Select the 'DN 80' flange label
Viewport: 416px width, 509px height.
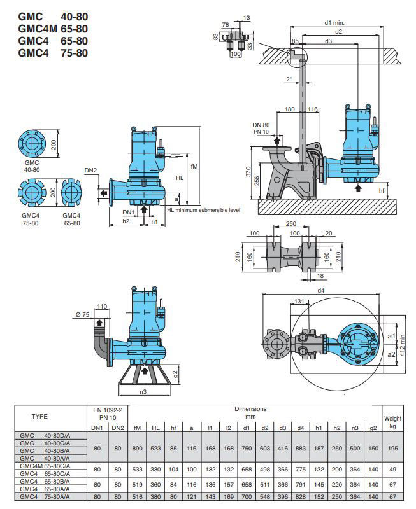[x=261, y=124]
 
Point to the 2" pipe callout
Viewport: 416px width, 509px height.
[x=289, y=80]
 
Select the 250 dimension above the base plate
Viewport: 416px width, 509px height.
[x=292, y=225]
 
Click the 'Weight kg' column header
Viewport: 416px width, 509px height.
[x=392, y=422]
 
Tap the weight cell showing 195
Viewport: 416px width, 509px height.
[x=392, y=448]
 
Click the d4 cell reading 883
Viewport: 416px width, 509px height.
[x=301, y=448]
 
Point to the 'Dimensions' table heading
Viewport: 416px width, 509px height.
[x=250, y=409]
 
